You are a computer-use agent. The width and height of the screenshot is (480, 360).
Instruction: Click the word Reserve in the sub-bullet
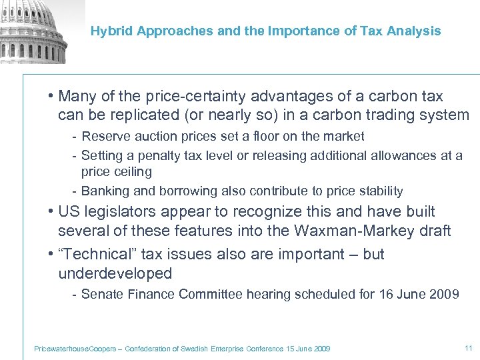[x=104, y=137]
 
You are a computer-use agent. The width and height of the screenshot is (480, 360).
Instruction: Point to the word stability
[x=379, y=191]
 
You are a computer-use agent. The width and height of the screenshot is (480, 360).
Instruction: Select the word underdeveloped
[x=115, y=273]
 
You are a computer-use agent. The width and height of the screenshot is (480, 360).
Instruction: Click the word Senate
[x=101, y=294]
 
